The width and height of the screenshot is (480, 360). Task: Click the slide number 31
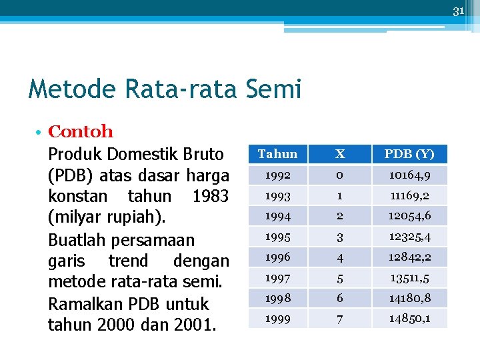coord(458,11)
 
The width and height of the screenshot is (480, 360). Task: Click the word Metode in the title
coord(65,88)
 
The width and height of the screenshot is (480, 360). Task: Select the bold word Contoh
coord(81,132)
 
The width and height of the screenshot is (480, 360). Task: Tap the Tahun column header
coord(277,154)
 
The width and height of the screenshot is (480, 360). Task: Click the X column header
coord(340,154)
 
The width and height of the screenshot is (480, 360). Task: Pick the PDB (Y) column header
coord(409,154)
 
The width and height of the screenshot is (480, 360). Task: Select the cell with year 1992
coord(277,175)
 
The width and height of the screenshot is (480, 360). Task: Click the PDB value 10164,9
coord(409,175)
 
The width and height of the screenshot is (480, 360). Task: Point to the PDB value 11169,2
coord(409,195)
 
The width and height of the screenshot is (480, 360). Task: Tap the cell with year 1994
coord(277,216)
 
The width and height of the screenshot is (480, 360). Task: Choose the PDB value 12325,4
coord(409,236)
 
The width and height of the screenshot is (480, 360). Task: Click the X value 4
coord(340,257)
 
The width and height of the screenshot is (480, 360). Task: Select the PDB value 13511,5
coord(409,277)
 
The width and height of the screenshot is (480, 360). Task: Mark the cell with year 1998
coord(277,298)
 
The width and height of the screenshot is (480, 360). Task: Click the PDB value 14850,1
coord(409,318)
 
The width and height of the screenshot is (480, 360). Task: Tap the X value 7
coord(340,318)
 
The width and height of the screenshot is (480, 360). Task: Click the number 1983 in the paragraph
coord(210,197)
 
